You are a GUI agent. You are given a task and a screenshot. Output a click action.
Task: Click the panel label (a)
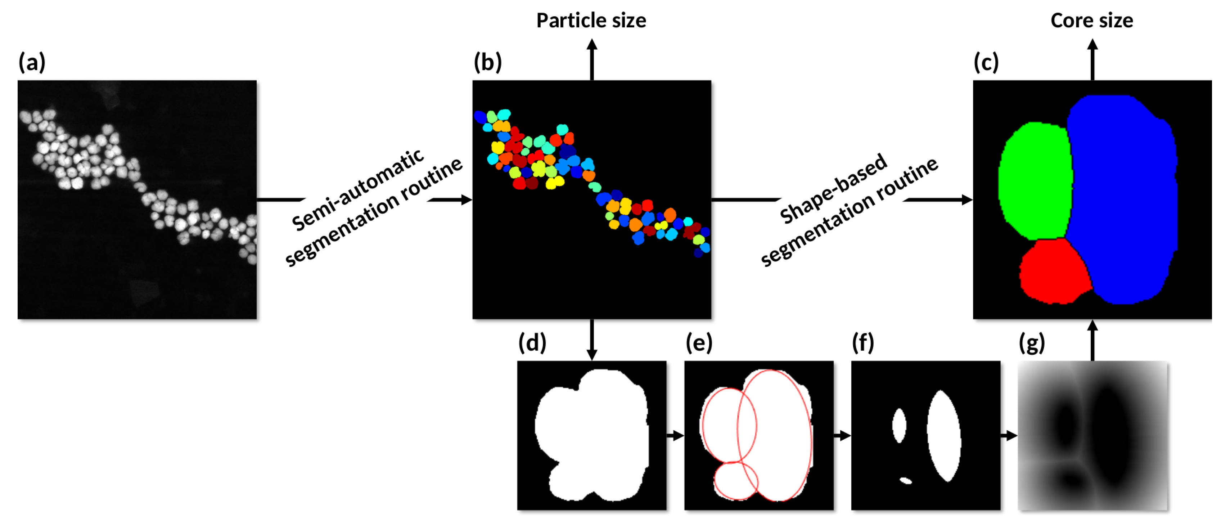(32, 62)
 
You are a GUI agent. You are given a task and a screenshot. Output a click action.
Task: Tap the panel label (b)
(487, 62)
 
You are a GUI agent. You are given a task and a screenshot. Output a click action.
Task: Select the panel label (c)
(986, 62)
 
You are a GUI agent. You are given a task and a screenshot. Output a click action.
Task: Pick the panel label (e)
(699, 342)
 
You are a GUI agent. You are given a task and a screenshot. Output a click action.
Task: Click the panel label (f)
(863, 342)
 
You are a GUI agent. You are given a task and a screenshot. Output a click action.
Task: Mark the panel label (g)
(1031, 342)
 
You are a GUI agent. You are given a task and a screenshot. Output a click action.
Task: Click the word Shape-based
(833, 189)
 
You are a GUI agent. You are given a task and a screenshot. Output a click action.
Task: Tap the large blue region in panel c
(1122, 201)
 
